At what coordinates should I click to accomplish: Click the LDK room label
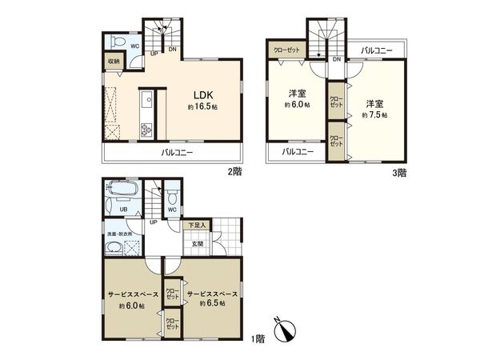200,92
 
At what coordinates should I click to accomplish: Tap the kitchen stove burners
146,129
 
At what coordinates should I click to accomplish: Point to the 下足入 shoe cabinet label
197,226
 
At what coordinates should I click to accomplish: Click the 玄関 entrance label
198,243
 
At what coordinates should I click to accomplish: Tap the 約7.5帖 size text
374,115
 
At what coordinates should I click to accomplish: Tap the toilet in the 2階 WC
117,42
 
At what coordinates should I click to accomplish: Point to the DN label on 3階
336,60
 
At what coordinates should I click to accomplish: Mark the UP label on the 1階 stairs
153,222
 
